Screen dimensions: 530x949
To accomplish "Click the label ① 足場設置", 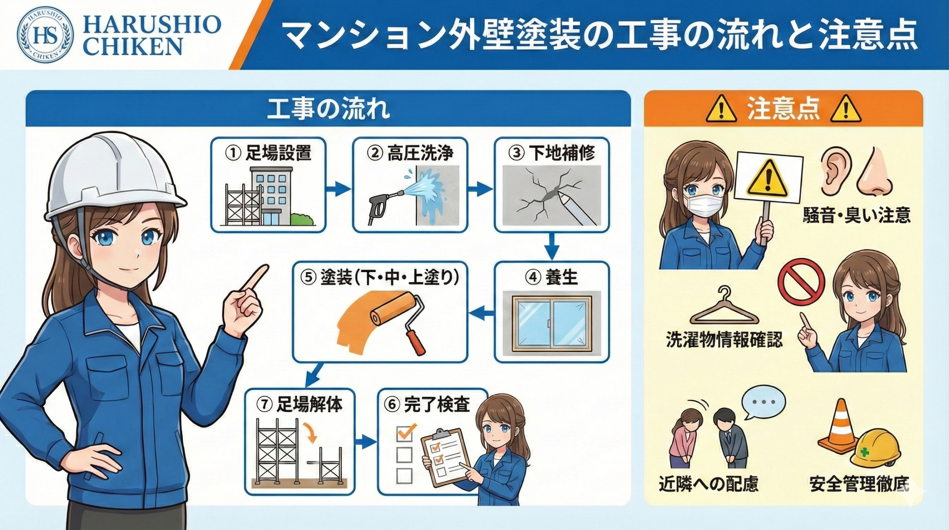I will click(x=268, y=152).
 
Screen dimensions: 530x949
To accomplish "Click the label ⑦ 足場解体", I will click(x=300, y=405).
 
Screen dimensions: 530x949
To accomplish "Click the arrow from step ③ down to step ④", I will click(x=552, y=247).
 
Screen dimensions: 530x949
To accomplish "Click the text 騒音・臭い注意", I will click(x=856, y=215).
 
